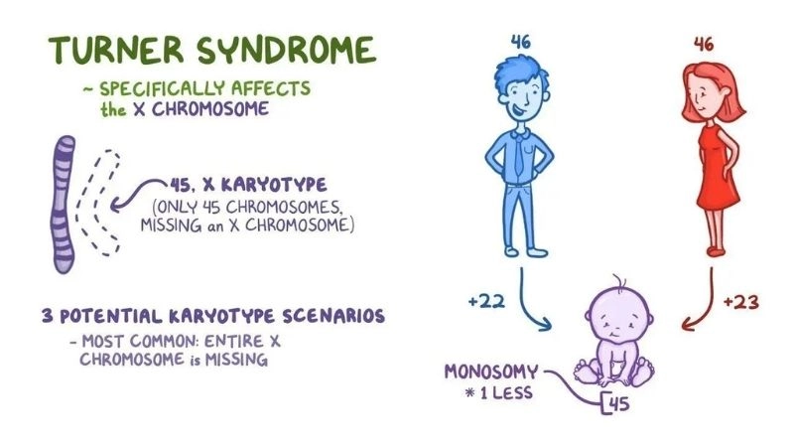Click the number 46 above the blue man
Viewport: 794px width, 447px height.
(x=520, y=43)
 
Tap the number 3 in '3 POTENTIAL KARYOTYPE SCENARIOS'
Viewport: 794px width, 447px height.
(x=47, y=317)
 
